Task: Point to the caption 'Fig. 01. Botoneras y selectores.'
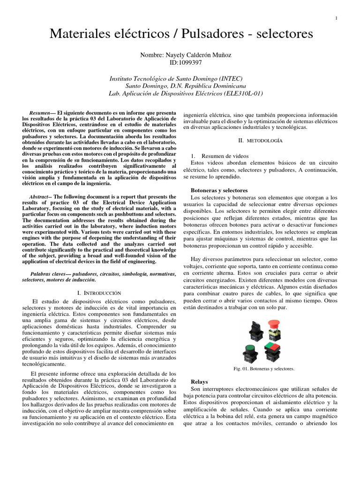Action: pos(264,368)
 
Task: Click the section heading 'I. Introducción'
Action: pos(99,292)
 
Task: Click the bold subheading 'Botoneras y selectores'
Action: pos(219,191)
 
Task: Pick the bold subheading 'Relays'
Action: pos(199,382)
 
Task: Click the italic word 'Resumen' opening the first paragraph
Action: pos(39,113)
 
